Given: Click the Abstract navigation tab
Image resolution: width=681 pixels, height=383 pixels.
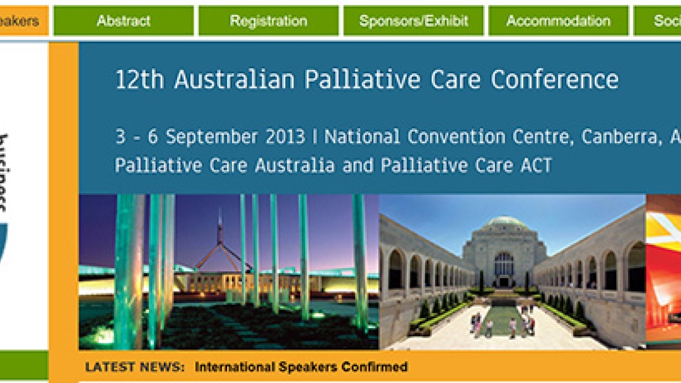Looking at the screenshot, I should [124, 21].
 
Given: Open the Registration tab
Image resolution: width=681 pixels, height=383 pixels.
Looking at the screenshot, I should [268, 21].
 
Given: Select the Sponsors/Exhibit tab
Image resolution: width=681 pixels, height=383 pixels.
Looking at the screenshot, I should [413, 21].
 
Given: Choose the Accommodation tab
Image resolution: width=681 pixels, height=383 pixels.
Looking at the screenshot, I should [558, 21].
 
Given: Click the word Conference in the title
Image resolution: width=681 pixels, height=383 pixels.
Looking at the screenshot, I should [554, 80].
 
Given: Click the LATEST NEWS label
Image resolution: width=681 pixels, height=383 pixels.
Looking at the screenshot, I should [135, 367].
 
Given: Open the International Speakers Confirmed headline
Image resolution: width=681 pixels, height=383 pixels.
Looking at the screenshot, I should [301, 367].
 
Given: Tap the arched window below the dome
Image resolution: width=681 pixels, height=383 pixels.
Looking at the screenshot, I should [504, 264].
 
